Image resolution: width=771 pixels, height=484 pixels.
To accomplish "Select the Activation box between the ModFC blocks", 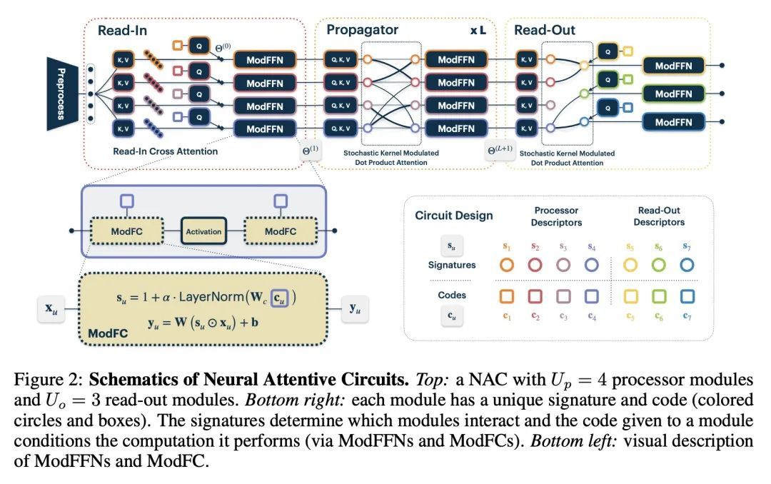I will [203, 231].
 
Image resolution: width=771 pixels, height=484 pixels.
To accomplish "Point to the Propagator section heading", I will [363, 30].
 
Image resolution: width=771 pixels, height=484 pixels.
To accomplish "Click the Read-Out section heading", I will [545, 30].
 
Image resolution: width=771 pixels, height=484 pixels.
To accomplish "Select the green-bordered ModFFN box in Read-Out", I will [673, 94].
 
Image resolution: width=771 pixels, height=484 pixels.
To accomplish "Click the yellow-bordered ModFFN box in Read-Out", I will [673, 66].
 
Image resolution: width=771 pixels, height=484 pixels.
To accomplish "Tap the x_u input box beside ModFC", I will [51, 311].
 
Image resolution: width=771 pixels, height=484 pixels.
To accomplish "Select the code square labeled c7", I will [686, 295].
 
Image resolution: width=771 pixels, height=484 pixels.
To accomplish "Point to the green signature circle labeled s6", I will [659, 265].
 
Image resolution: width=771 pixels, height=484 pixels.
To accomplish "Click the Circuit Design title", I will [454, 216].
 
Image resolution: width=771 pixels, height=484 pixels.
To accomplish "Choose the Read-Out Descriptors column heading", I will [659, 216].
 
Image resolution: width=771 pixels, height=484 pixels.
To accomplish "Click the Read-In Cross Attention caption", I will [165, 151].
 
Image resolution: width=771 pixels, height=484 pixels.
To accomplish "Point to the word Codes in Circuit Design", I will [451, 295].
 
